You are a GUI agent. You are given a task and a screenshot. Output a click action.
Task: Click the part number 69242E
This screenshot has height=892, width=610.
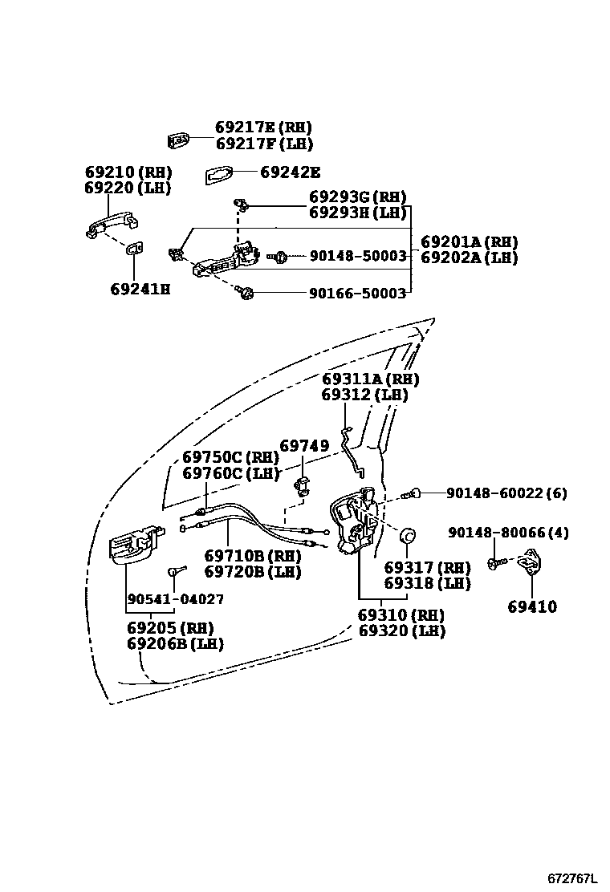tap(290, 172)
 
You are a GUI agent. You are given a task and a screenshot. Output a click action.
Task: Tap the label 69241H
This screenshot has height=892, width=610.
tap(140, 289)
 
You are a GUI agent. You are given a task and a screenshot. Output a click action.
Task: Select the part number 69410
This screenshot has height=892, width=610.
tap(531, 607)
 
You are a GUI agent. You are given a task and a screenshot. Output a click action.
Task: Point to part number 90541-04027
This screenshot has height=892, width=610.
tap(176, 599)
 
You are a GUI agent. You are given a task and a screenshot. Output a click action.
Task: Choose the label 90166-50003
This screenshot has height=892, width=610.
tap(357, 294)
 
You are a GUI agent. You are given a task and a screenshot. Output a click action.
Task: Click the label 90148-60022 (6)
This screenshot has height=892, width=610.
tap(495, 494)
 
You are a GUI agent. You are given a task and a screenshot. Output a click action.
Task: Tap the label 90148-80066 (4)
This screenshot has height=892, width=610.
tap(508, 533)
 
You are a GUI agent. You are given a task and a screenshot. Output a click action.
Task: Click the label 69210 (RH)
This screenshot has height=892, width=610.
tap(128, 172)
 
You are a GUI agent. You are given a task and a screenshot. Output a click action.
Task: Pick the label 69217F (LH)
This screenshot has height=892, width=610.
tap(263, 144)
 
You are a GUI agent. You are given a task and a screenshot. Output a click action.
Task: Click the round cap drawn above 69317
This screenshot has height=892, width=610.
tap(409, 535)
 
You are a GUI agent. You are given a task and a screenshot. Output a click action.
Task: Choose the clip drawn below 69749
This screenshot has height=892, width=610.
tap(303, 485)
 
